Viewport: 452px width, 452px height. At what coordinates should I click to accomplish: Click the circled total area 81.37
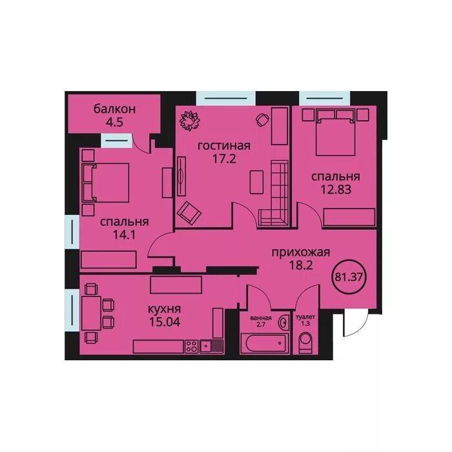pos(349,277)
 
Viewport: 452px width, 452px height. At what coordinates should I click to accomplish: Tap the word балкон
pos(114,109)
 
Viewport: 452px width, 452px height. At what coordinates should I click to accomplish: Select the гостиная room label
pos(224,145)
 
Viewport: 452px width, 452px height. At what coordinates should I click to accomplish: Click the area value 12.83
pos(336,190)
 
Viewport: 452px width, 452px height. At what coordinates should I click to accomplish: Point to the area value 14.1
pos(124,235)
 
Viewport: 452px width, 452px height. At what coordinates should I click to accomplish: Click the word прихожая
pos(301,252)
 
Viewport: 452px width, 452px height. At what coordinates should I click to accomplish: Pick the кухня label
pos(164,309)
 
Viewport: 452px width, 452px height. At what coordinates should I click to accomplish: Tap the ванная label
pos(261,318)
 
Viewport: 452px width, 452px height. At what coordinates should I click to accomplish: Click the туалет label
pos(305,317)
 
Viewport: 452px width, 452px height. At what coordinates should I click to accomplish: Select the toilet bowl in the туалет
pos(305,343)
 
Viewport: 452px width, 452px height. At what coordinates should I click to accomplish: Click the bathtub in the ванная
pos(265,343)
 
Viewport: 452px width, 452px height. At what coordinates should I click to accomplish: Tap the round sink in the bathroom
pos(283,322)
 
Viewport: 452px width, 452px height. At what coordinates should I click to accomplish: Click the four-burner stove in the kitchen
pos(191,346)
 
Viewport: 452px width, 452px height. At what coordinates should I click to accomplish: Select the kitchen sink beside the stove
pos(212,346)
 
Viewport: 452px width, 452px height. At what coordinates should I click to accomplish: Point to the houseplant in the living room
pos(190,121)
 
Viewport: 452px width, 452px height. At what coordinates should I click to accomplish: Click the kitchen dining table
pos(92,313)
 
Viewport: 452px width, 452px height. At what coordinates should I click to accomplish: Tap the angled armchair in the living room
pos(189,212)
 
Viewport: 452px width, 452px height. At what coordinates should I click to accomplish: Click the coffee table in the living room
pos(256,182)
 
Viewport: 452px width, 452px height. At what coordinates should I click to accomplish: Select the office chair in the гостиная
pos(262,119)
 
